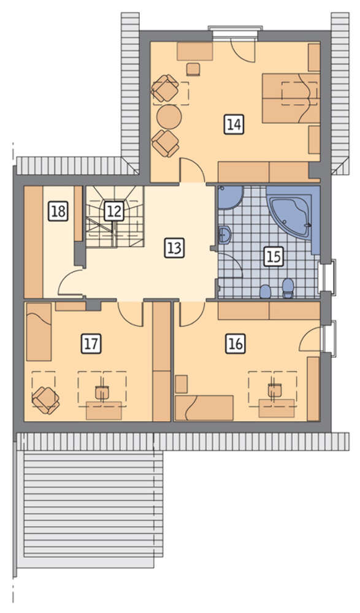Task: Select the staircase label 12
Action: [x=114, y=211]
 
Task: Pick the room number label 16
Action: [x=236, y=344]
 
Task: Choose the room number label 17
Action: [x=91, y=344]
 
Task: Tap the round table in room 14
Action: [x=169, y=116]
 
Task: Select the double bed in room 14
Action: [x=291, y=98]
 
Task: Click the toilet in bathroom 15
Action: [x=288, y=288]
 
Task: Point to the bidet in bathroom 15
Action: [x=266, y=291]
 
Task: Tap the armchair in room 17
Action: [x=45, y=400]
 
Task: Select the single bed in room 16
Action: [x=204, y=408]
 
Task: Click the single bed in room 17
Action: [x=39, y=332]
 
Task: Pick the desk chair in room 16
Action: [x=275, y=390]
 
